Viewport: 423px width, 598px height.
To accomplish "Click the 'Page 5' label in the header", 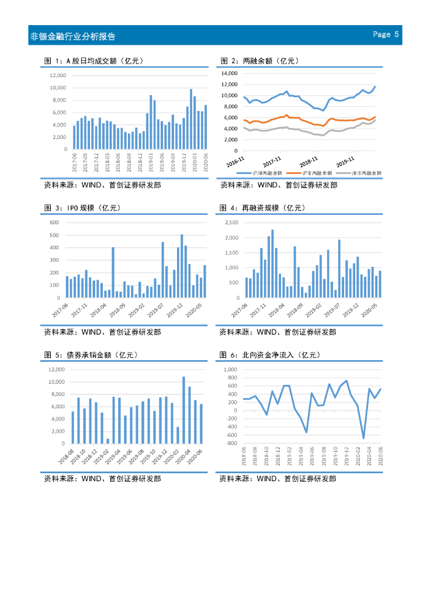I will coord(386,34).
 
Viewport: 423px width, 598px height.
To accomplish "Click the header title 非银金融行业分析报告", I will coord(72,36).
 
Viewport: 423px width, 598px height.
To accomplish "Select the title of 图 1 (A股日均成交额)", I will coord(94,61).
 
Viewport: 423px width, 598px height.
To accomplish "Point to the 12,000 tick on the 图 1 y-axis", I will coord(58,75).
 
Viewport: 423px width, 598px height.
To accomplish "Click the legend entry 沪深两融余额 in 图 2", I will coord(268,173).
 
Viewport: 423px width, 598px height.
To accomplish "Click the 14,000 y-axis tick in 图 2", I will coord(229,74).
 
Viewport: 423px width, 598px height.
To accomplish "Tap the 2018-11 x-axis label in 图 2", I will coord(308,161).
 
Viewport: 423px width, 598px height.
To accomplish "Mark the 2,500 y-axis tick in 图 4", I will coord(232,222).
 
